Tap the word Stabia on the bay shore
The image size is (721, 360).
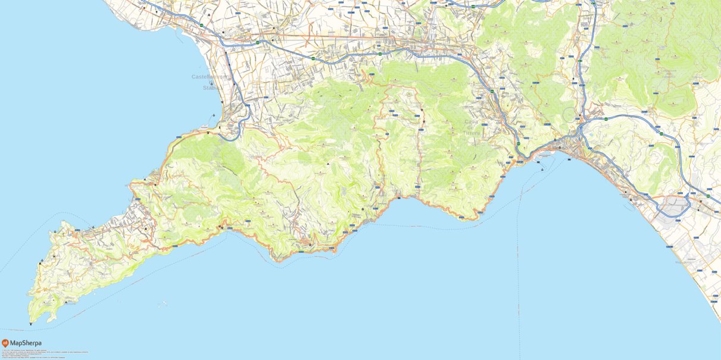coord(211,88)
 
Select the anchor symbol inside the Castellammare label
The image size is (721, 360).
coord(211,83)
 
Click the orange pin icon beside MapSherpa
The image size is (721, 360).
coord(5,343)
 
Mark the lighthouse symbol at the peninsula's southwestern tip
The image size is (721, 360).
coord(30,324)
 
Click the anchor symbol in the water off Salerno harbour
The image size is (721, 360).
coord(542,169)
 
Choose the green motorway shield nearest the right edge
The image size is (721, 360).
coord(708,196)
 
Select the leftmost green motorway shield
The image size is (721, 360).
coord(202,25)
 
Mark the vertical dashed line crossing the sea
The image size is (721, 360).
coord(519,268)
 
